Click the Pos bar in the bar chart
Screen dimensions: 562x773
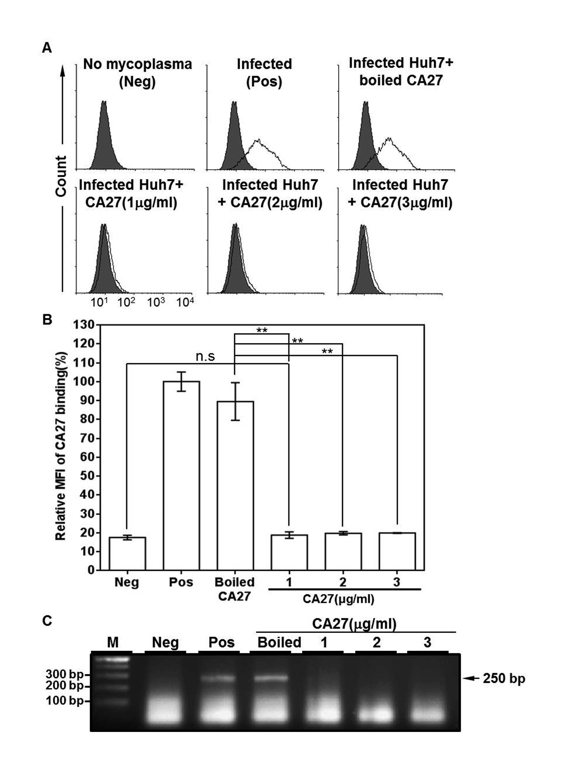click(x=181, y=475)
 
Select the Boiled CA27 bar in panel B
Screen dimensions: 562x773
click(x=235, y=486)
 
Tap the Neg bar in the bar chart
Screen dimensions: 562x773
click(x=127, y=553)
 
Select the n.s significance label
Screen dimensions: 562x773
click(x=205, y=356)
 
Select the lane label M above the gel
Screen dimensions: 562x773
click(x=113, y=642)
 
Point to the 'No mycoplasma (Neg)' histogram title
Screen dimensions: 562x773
click(x=138, y=73)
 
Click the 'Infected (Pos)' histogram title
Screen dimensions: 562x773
click(x=264, y=73)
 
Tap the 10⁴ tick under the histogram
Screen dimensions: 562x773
click(x=185, y=301)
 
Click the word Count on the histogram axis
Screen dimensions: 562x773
click(x=61, y=176)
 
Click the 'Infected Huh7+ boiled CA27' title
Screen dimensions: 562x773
click(x=401, y=72)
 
